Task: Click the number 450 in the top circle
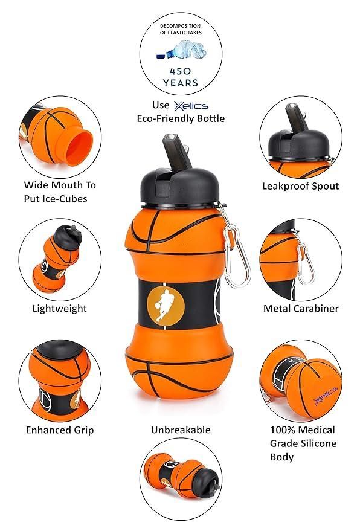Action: [x=181, y=69]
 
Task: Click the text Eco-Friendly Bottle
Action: [x=181, y=118]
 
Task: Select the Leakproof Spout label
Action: [x=300, y=187]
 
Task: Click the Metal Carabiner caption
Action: [x=301, y=309]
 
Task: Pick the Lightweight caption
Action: [x=59, y=309]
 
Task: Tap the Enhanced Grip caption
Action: [x=59, y=430]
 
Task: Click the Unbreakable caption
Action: [x=181, y=430]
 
